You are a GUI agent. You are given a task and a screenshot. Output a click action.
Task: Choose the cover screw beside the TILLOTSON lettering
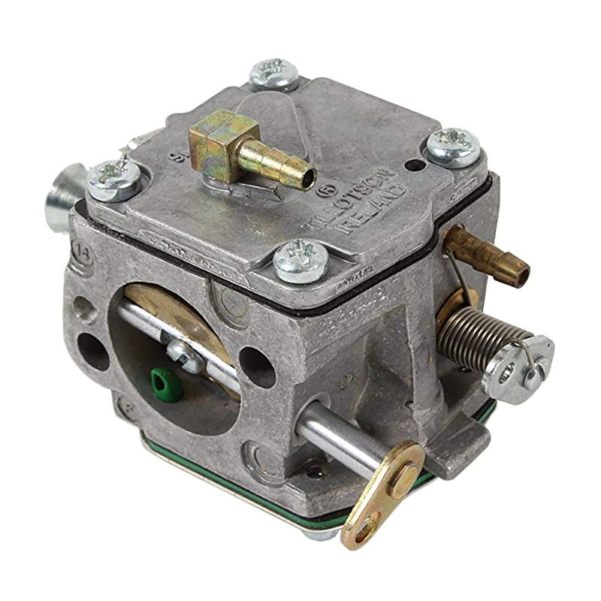(x=453, y=146)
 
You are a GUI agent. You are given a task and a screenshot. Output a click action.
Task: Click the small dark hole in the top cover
(x=410, y=165)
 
